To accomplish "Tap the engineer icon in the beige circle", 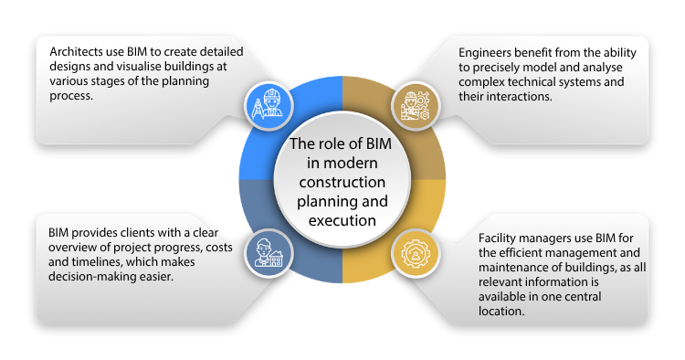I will pyautogui.click(x=416, y=105).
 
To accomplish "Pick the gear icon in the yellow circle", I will pyautogui.click(x=416, y=253).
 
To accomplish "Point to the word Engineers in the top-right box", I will pyautogui.click(x=486, y=53).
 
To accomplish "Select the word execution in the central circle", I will pyautogui.click(x=342, y=219).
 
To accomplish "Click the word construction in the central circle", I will pyautogui.click(x=342, y=182).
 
